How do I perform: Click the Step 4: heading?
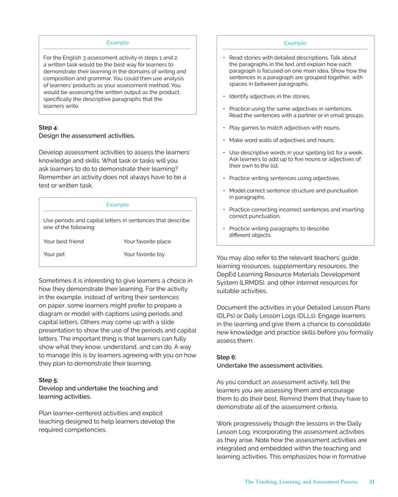(49, 127)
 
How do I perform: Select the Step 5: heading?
(49, 380)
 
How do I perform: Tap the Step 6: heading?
(226, 357)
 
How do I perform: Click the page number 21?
(372, 481)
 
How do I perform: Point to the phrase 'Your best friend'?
(63, 241)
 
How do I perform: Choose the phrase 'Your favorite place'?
(147, 241)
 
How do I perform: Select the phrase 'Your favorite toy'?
(144, 254)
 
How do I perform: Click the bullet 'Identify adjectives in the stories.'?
(269, 97)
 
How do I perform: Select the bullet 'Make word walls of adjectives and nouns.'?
(281, 140)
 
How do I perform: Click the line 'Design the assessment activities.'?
(87, 135)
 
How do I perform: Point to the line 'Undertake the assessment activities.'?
(269, 366)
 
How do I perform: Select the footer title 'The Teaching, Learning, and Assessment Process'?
(301, 481)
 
